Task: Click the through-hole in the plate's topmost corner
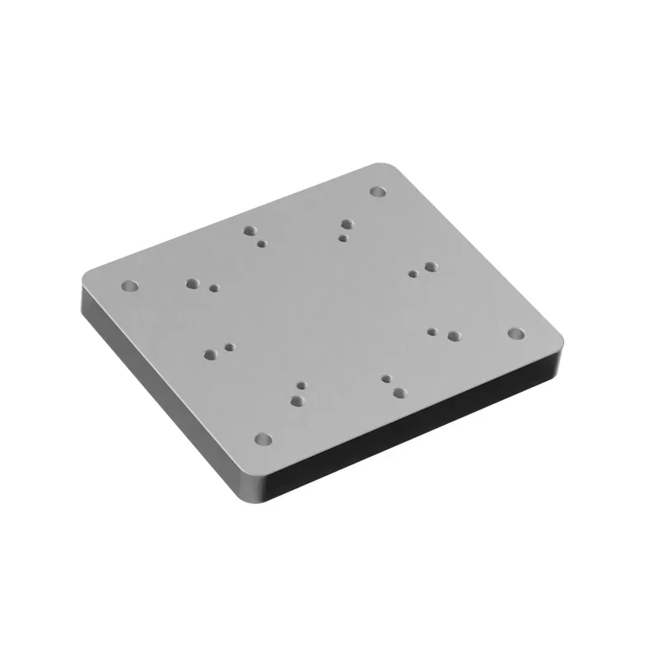click(378, 191)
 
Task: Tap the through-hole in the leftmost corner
click(129, 286)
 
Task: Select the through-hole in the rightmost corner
click(515, 333)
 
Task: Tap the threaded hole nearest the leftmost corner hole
click(195, 283)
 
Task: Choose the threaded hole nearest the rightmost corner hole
click(453, 336)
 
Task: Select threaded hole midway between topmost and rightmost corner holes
click(430, 267)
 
